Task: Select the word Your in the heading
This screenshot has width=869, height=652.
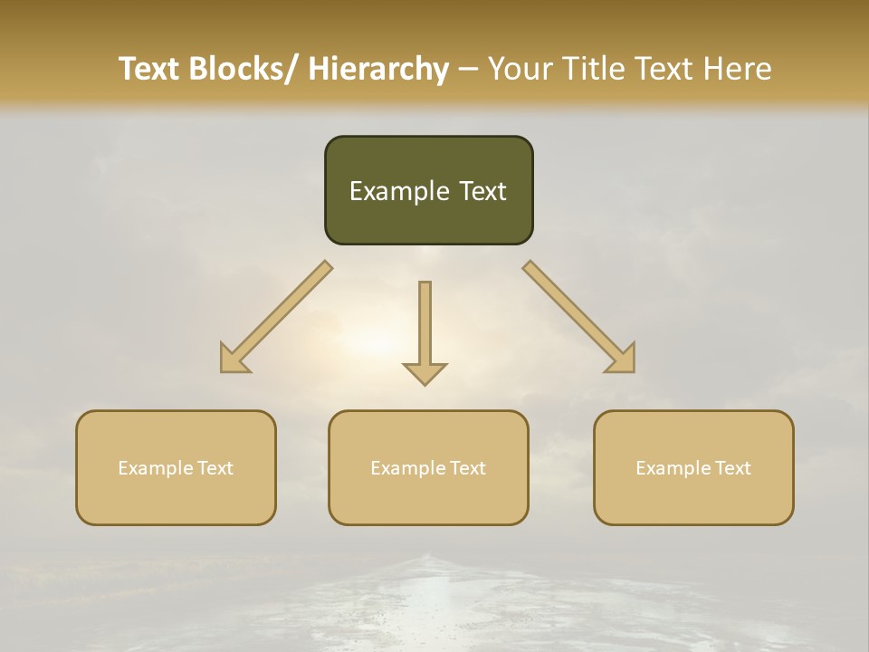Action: [x=520, y=69]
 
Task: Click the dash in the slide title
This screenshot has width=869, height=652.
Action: [x=468, y=69]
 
